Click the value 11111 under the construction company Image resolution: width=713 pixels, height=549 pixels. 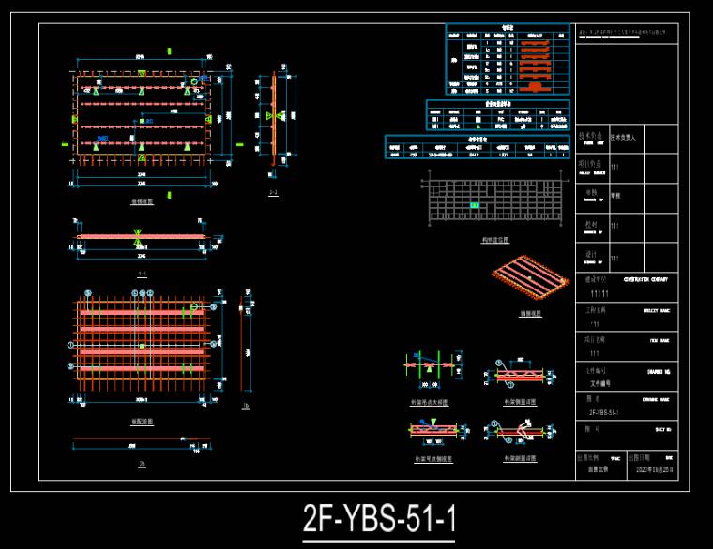599,294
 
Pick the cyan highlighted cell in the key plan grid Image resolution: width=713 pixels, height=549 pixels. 475,205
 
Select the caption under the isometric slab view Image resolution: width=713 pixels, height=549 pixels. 530,314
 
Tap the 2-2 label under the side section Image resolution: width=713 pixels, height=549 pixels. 273,193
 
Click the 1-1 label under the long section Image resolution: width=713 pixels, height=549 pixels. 142,274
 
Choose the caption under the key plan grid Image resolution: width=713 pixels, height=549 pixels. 494,240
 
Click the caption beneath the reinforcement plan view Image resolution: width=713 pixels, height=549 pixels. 142,422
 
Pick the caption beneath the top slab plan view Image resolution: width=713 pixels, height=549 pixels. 142,201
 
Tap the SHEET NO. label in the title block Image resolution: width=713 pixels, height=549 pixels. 654,428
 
